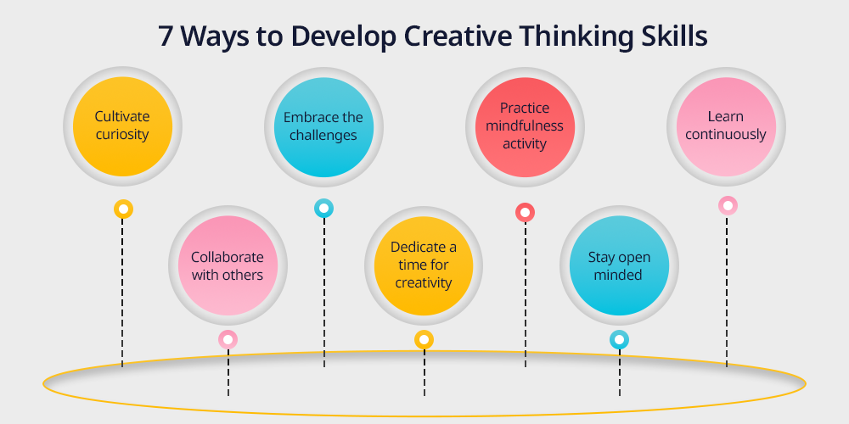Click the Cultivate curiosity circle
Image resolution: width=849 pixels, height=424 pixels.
tap(122, 126)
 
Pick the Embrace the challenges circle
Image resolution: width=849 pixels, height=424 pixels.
tap(323, 127)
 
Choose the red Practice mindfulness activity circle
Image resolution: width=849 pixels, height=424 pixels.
tap(525, 127)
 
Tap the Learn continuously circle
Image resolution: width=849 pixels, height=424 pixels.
tap(726, 126)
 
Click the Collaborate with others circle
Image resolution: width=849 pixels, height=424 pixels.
tap(228, 265)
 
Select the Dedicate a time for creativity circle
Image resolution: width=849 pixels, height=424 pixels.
tap(424, 265)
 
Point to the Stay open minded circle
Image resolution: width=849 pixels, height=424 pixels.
tap(620, 265)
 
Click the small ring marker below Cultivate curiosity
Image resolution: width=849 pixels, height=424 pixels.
tap(123, 209)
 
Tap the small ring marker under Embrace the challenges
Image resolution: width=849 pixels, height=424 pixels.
tap(323, 209)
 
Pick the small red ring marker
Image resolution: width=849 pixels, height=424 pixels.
tap(525, 213)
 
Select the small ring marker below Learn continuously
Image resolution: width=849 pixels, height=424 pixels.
tap(728, 205)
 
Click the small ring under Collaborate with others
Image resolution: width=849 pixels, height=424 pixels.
tap(228, 340)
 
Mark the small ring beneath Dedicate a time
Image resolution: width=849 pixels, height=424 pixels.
tap(424, 340)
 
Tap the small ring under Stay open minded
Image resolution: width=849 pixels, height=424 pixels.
tap(620, 340)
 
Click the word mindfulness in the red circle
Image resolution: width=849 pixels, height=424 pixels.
tap(525, 126)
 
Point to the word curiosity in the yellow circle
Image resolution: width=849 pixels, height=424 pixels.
tap(122, 135)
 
